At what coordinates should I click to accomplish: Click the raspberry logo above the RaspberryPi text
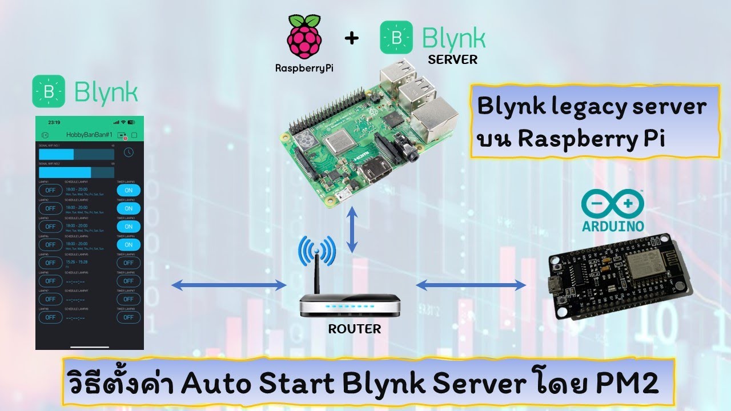tap(304, 38)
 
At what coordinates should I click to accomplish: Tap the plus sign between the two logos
tap(352, 39)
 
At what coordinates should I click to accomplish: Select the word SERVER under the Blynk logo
tap(452, 59)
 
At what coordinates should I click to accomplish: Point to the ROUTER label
tap(354, 329)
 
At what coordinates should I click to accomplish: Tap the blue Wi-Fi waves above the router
tap(316, 249)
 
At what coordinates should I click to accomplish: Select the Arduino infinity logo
tap(612, 204)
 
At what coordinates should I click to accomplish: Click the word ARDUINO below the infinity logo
tap(613, 226)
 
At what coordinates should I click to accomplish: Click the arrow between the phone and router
tap(228, 285)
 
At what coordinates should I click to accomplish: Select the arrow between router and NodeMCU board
tap(471, 285)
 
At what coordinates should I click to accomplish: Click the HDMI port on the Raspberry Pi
tap(376, 170)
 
